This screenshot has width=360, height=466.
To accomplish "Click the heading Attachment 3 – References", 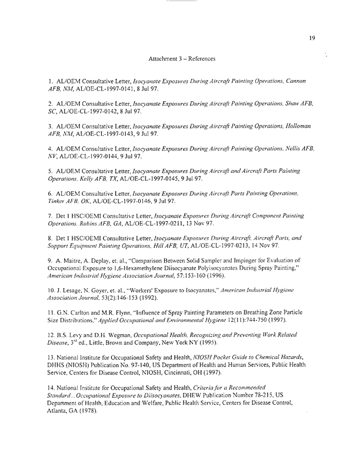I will (182, 59).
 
